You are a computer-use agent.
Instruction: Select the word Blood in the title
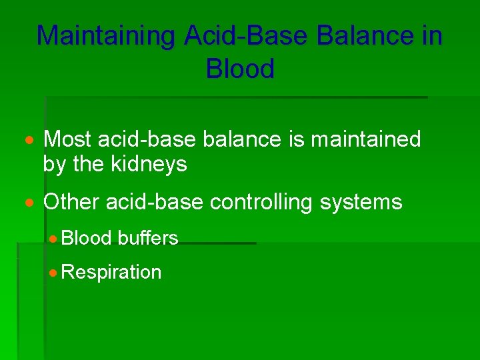click(240, 69)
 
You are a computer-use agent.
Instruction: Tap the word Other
click(71, 202)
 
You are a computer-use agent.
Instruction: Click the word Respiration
click(111, 272)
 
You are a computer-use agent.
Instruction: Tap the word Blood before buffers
click(89, 238)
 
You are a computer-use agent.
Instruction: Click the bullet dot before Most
click(31, 141)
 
